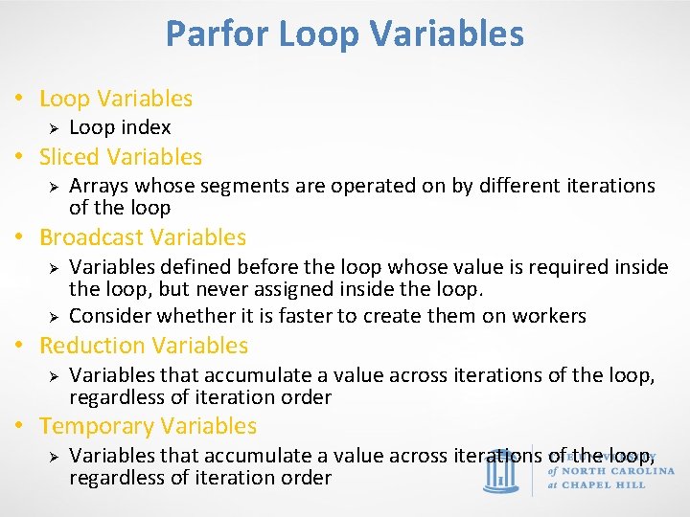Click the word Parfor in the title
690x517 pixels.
click(x=218, y=34)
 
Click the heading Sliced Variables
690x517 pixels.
click(x=121, y=157)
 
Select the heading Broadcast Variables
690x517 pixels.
click(x=143, y=237)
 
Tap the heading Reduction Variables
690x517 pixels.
click(x=144, y=346)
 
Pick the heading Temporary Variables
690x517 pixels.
click(x=148, y=426)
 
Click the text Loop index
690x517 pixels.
click(x=120, y=127)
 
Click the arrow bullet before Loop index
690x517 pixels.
click(x=56, y=127)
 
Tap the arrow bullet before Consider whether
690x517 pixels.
click(x=56, y=316)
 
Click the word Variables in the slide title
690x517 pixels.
click(x=448, y=34)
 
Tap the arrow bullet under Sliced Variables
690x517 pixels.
click(x=56, y=186)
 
